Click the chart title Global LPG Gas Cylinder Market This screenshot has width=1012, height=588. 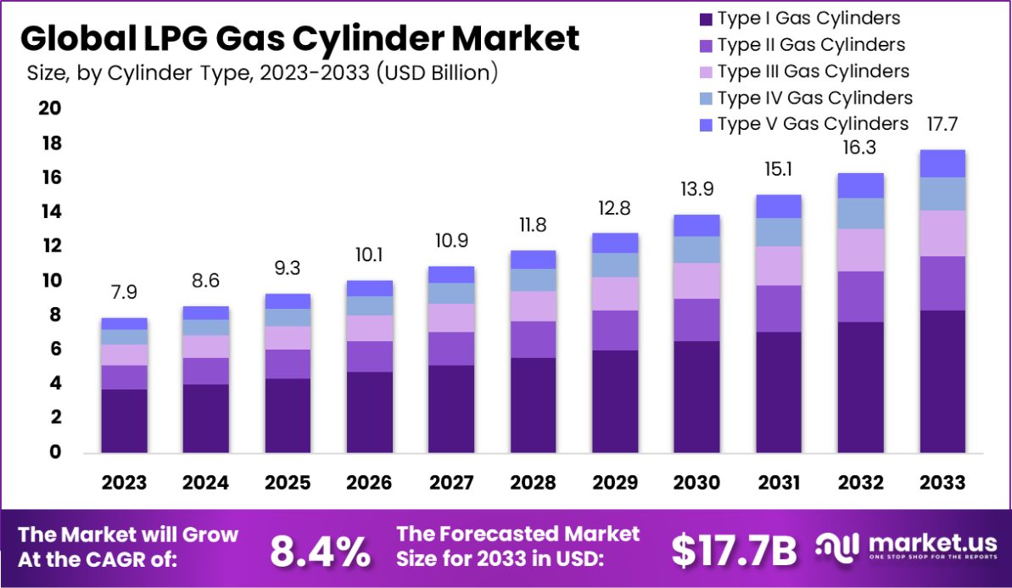299,39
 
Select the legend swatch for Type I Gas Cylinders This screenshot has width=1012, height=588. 703,18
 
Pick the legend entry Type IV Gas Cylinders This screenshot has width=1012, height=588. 814,98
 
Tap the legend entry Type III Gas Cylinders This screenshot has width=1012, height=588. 812,71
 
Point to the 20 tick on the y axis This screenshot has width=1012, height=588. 50,108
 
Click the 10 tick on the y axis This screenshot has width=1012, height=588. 50,280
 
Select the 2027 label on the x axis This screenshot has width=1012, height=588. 451,483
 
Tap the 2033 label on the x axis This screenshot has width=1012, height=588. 942,483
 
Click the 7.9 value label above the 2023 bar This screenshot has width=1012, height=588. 124,293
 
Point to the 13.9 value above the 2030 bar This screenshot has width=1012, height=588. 696,189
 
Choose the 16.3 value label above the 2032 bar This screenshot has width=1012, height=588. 860,148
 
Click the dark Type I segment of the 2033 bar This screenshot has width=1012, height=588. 942,381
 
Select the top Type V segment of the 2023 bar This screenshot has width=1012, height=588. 124,323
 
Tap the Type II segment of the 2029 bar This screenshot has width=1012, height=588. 615,330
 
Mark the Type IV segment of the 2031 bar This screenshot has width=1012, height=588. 779,232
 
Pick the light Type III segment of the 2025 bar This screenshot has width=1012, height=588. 288,338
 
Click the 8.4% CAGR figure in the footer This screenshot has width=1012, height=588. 320,552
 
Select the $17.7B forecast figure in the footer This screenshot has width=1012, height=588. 734,552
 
